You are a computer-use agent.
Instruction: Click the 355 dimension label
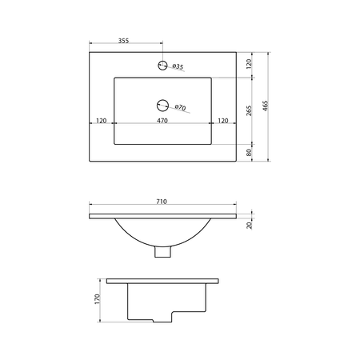(x=123, y=41)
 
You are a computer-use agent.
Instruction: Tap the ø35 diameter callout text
(x=178, y=66)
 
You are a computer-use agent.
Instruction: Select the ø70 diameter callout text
(x=180, y=107)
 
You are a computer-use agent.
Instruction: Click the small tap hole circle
(x=162, y=65)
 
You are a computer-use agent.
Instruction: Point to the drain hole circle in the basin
(x=162, y=106)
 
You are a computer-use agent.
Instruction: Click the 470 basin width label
(x=162, y=121)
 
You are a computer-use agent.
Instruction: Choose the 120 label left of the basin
(x=102, y=121)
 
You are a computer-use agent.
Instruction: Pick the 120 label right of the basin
(x=223, y=121)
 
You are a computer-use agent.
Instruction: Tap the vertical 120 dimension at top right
(x=249, y=64)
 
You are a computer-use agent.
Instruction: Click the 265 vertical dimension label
(x=249, y=110)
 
